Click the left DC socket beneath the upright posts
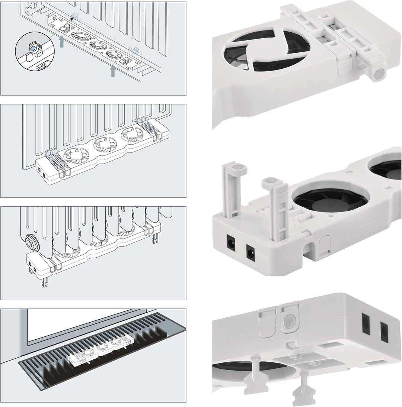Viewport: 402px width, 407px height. pyautogui.click(x=230, y=243)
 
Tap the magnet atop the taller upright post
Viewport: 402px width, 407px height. pyautogui.click(x=236, y=168)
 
